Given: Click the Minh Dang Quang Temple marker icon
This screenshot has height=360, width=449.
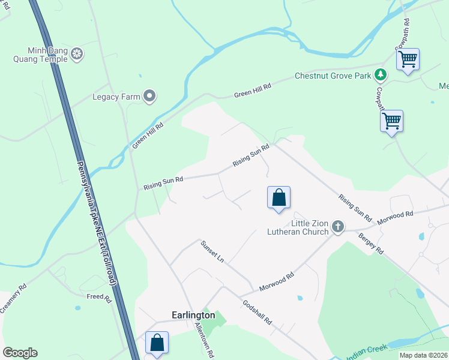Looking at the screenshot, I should click(77, 55).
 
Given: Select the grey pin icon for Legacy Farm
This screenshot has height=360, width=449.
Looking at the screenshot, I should click(149, 96).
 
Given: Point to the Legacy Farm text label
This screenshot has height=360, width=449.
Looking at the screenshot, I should click(116, 96).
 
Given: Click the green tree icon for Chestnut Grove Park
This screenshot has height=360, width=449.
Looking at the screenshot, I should click(380, 75).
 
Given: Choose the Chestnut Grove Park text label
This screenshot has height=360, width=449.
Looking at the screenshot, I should click(332, 76).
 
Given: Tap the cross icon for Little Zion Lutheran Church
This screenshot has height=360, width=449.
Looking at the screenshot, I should click(338, 227).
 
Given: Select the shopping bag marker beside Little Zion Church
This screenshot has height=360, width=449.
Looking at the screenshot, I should click(279, 197).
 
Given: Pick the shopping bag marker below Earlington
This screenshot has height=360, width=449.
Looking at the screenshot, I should click(157, 343).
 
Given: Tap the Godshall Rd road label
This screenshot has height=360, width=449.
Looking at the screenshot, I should click(258, 311).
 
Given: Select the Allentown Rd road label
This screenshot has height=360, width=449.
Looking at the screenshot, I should click(204, 341).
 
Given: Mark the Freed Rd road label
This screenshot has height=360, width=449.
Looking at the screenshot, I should click(99, 298).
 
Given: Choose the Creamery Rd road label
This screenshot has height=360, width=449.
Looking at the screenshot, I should click(13, 298).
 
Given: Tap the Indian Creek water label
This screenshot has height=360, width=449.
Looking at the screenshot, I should click(364, 353).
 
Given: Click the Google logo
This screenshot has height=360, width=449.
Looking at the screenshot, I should click(20, 353).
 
